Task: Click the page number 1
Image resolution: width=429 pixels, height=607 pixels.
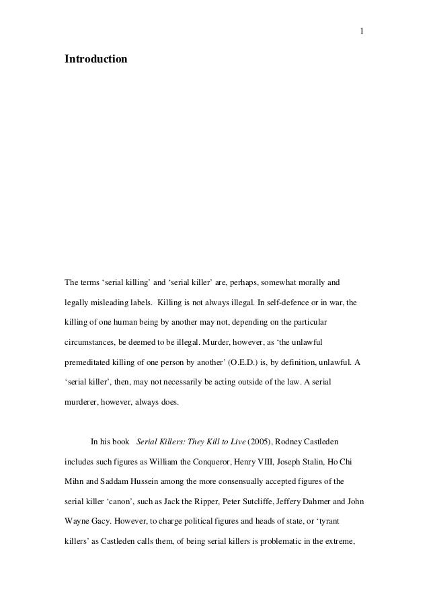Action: [x=362, y=30]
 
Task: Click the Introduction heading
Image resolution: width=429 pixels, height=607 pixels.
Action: [x=95, y=60]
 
